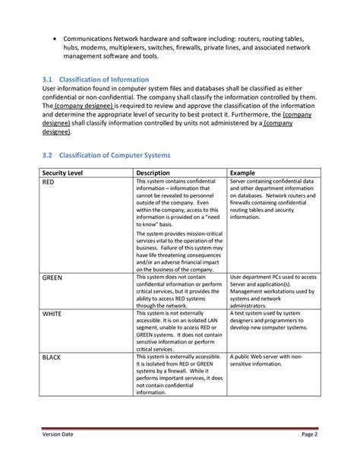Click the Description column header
[153, 173]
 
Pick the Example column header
[243, 173]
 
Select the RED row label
[48, 182]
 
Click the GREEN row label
[52, 278]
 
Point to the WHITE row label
[52, 313]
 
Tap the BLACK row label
[52, 356]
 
